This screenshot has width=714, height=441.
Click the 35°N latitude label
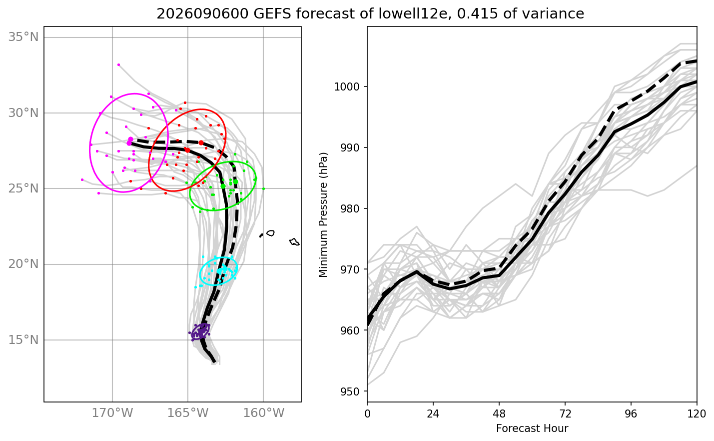(23, 37)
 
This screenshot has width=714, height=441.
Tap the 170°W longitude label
(112, 413)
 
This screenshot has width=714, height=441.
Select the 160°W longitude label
(264, 413)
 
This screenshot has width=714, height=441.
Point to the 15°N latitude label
(23, 340)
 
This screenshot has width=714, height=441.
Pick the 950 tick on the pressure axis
(351, 391)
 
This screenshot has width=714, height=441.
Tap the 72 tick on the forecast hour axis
(565, 414)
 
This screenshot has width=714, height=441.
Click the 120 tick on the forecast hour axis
(697, 414)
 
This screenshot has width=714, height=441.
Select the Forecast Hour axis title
(532, 428)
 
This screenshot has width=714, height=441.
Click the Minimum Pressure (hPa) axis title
(323, 215)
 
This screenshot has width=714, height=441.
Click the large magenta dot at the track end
(130, 139)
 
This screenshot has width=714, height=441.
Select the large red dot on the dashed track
(201, 143)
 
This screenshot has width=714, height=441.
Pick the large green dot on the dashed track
(235, 182)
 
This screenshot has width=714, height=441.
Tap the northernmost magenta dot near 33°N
(118, 64)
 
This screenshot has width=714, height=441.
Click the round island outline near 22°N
(271, 233)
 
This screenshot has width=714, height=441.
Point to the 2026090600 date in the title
(202, 13)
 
